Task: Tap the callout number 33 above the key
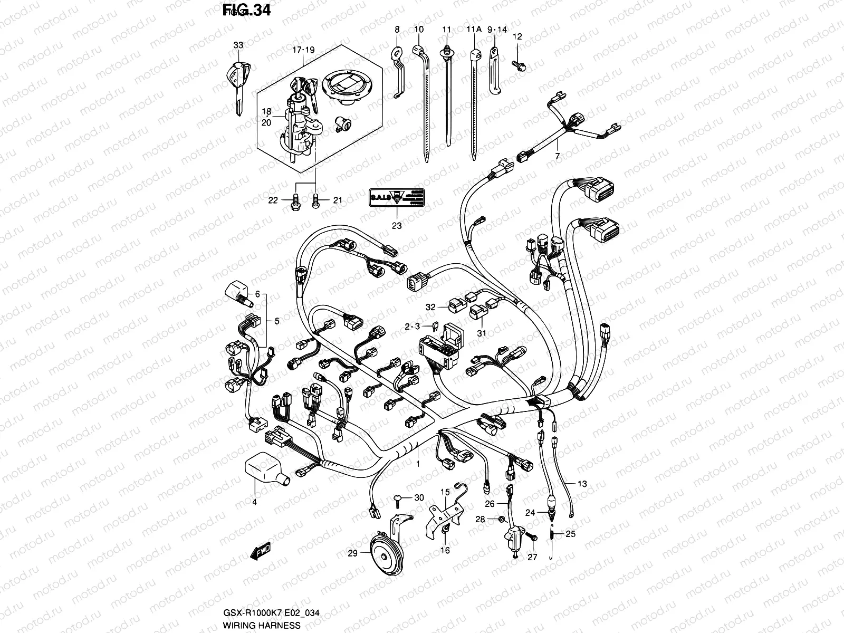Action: [238, 46]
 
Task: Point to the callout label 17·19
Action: [303, 50]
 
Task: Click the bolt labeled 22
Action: [295, 203]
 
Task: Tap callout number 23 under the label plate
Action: [396, 226]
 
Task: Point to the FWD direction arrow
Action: [260, 552]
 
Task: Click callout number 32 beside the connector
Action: [431, 306]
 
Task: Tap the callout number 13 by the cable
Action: [582, 484]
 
